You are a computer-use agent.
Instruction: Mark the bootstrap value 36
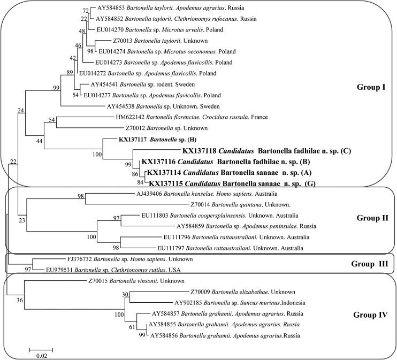pos(19,300)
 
